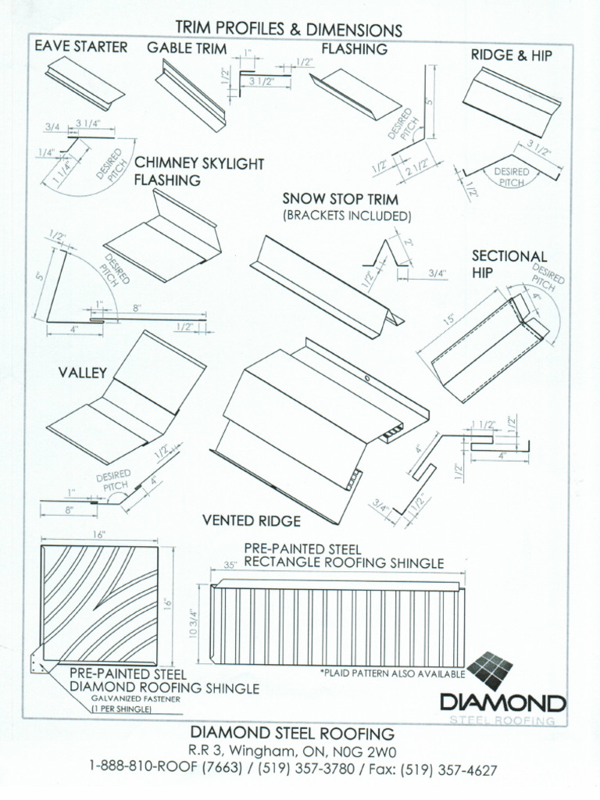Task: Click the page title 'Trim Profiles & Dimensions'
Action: [288, 30]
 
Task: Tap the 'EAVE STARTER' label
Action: [80, 47]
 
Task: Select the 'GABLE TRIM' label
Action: [187, 48]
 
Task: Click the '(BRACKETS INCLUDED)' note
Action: [346, 215]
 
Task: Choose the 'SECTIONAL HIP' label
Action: [509, 264]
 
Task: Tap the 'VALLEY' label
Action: [82, 373]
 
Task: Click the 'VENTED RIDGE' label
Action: [251, 520]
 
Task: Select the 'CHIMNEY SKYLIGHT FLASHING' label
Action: [199, 172]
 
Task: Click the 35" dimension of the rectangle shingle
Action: [230, 564]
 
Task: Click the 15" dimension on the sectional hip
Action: [448, 321]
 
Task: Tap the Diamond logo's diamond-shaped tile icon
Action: [491, 670]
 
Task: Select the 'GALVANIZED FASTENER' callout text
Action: [136, 699]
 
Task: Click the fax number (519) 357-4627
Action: [448, 770]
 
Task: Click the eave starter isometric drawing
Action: [84, 82]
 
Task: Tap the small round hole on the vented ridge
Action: [366, 379]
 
